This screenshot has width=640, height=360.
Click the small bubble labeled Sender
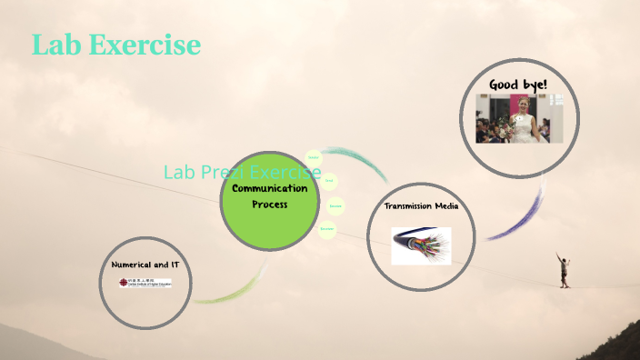point(314,158)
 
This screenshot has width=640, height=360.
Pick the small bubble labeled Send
point(328,180)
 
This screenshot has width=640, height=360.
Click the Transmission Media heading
point(420,206)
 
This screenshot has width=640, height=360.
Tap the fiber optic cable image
point(421,245)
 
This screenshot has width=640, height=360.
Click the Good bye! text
point(517,85)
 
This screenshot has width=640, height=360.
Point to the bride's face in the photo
point(524,104)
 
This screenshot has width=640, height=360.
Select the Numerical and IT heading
point(151,264)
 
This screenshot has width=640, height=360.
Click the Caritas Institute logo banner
point(145,283)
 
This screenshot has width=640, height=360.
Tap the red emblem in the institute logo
point(125,283)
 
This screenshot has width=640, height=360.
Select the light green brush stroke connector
point(227,294)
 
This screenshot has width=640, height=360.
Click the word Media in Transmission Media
point(445,206)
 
